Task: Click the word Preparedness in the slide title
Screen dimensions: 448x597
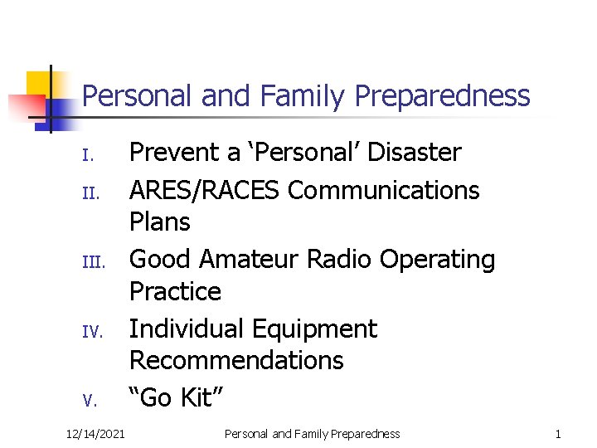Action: pyautogui.click(x=442, y=97)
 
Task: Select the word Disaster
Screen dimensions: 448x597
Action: pyautogui.click(x=415, y=153)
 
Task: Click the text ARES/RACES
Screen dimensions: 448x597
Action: pyautogui.click(x=205, y=190)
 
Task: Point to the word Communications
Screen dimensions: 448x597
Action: pyautogui.click(x=383, y=190)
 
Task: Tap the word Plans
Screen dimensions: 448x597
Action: pyautogui.click(x=160, y=222)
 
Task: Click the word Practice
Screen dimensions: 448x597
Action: pyautogui.click(x=175, y=292)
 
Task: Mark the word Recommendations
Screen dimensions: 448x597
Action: pyautogui.click(x=236, y=361)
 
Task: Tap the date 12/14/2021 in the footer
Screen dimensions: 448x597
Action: pyautogui.click(x=95, y=434)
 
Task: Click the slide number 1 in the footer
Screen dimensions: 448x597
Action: pyautogui.click(x=558, y=434)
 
